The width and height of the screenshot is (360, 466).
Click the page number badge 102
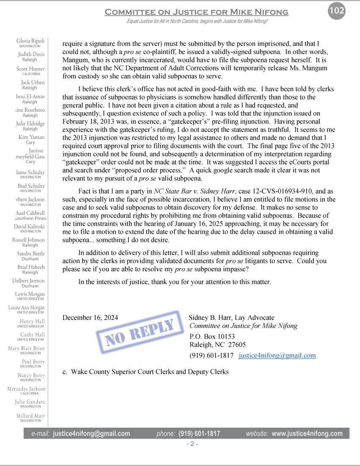click(x=337, y=11)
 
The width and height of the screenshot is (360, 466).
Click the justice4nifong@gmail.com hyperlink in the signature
click(x=277, y=355)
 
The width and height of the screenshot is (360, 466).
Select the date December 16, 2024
click(x=90, y=318)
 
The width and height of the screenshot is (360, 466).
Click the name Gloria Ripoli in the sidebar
click(x=30, y=41)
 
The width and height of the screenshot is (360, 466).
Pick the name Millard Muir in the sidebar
click(x=30, y=416)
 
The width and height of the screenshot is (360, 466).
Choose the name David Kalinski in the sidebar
click(x=29, y=227)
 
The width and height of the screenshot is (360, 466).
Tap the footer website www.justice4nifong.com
click(x=307, y=433)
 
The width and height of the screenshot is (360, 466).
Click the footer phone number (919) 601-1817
click(x=199, y=433)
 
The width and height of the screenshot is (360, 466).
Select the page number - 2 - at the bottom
click(x=192, y=444)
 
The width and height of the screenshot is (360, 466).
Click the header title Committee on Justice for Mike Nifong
click(x=197, y=12)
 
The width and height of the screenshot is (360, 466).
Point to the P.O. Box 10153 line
click(x=212, y=337)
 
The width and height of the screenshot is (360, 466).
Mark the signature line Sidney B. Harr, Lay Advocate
click(x=231, y=318)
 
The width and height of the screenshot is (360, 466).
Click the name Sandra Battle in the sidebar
click(x=31, y=254)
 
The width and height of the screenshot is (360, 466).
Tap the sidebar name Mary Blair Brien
click(x=26, y=348)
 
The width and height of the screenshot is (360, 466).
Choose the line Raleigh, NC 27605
click(x=217, y=344)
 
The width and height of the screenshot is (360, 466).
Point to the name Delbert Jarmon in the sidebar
click(x=28, y=281)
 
